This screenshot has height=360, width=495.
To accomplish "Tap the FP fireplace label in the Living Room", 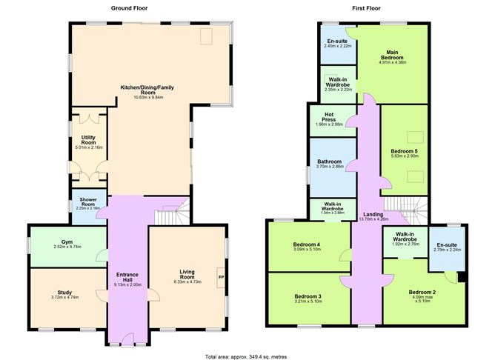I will (221, 277).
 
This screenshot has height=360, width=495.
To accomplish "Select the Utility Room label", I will (88, 140).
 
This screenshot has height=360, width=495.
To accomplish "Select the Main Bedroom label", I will (392, 55).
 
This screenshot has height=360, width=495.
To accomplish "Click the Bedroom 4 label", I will (305, 244).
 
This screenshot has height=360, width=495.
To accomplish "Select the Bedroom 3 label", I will (305, 296).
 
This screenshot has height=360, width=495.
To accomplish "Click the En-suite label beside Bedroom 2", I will (445, 245).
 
